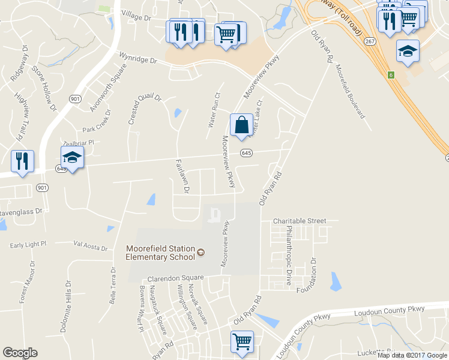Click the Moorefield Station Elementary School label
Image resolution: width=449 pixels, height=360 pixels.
click(x=160, y=253)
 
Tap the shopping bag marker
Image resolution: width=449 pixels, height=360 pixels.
click(x=241, y=125)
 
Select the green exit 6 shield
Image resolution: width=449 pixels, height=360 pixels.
click(x=390, y=75)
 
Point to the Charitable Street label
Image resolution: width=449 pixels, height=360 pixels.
click(x=300, y=221)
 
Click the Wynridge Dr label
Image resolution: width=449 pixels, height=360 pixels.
click(x=137, y=59)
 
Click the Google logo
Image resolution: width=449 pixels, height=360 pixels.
click(x=20, y=353)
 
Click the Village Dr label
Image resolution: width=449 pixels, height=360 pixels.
click(x=136, y=15)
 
